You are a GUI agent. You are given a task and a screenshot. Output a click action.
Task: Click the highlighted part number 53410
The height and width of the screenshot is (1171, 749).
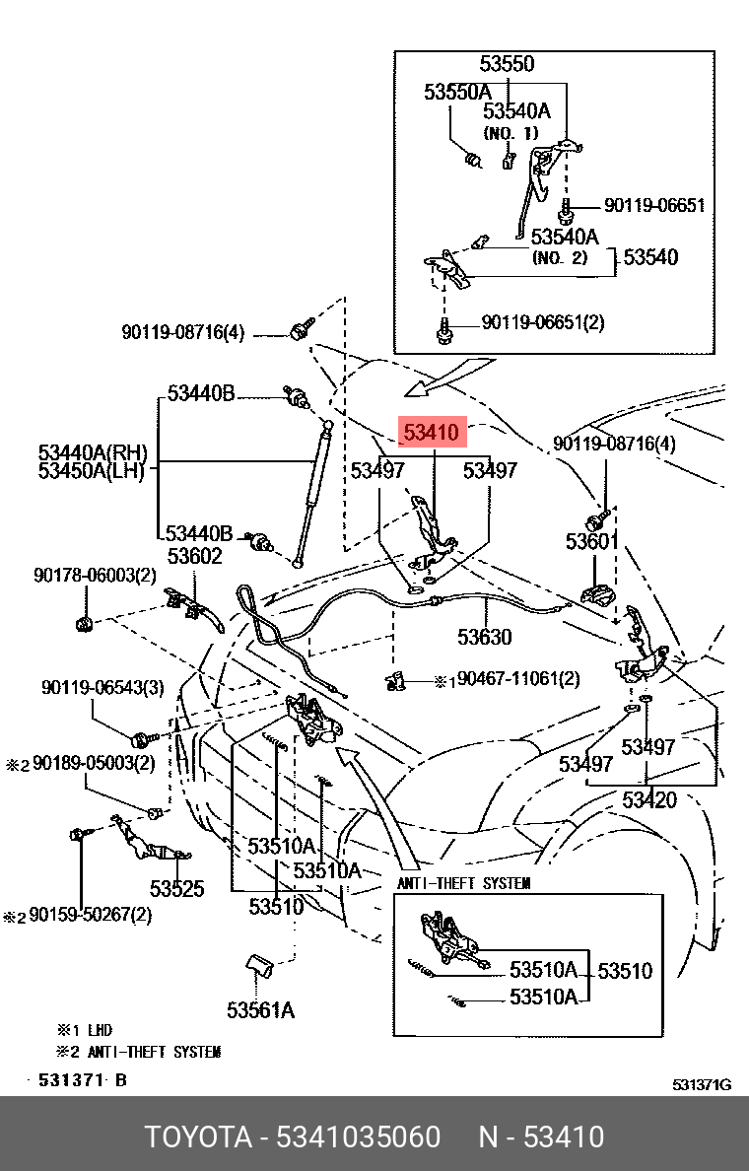pyautogui.click(x=433, y=432)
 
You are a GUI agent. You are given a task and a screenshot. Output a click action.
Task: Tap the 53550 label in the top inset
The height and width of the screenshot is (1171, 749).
pyautogui.click(x=507, y=63)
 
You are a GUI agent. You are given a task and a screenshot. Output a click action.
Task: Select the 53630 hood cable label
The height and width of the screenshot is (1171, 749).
pyautogui.click(x=485, y=637)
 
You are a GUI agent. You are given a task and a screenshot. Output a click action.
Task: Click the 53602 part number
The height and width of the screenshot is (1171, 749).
pyautogui.click(x=194, y=556)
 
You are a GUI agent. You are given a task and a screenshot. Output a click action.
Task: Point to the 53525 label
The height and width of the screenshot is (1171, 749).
pyautogui.click(x=177, y=889)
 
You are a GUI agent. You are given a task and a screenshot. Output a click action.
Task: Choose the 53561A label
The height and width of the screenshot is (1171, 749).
pyautogui.click(x=260, y=1010)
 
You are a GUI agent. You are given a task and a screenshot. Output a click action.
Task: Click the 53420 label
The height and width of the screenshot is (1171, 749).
pyautogui.click(x=649, y=800)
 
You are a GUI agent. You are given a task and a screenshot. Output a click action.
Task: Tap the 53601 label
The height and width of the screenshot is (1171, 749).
pyautogui.click(x=592, y=541)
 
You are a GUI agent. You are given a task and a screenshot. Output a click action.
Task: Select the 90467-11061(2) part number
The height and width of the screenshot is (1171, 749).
pyautogui.click(x=518, y=679)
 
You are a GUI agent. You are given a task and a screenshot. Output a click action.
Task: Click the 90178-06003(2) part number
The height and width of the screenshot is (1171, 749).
pyautogui.click(x=95, y=575)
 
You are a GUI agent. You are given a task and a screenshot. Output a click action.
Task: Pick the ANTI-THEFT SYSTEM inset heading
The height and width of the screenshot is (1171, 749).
pyautogui.click(x=464, y=883)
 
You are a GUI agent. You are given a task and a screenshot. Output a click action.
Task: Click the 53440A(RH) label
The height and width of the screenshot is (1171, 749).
pyautogui.click(x=93, y=452)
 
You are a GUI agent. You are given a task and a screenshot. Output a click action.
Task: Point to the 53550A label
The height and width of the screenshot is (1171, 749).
pyautogui.click(x=457, y=92)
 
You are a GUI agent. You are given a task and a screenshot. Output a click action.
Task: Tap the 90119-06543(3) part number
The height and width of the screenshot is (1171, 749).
pyautogui.click(x=103, y=687)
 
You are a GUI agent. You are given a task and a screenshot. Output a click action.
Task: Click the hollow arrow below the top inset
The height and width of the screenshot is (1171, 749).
pyautogui.click(x=448, y=378)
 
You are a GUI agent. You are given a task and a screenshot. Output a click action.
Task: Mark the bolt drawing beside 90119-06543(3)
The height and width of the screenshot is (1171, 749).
pyautogui.click(x=144, y=739)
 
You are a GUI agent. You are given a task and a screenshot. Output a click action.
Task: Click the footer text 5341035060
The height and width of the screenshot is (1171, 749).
pyautogui.click(x=359, y=1137)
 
